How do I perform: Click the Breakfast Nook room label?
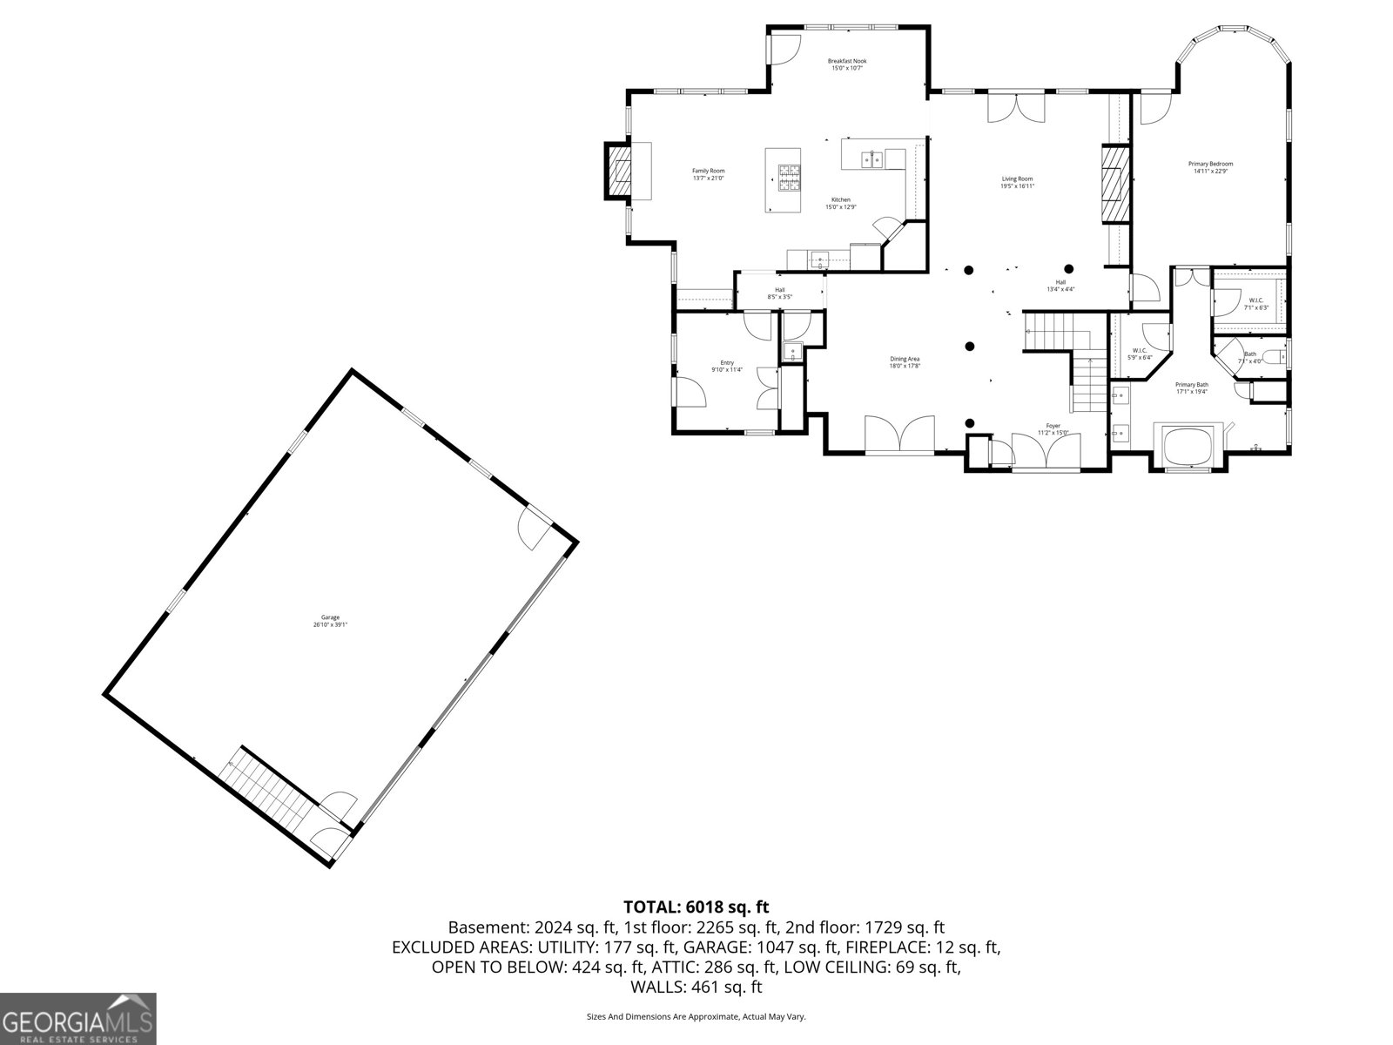click(846, 61)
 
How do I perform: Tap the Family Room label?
click(708, 171)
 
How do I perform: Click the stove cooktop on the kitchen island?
click(789, 178)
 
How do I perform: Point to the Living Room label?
click(1017, 179)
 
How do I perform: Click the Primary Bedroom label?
click(1210, 164)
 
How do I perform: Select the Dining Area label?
click(905, 359)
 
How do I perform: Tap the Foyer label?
click(1053, 427)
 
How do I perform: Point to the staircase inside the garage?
click(266, 788)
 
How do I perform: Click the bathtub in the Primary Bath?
click(1188, 443)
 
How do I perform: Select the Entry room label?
click(726, 362)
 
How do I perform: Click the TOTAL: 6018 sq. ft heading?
click(696, 907)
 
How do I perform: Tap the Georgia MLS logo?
click(78, 1018)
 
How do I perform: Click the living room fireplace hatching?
click(1114, 185)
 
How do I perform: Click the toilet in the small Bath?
click(1272, 355)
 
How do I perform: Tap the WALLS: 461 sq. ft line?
click(696, 988)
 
